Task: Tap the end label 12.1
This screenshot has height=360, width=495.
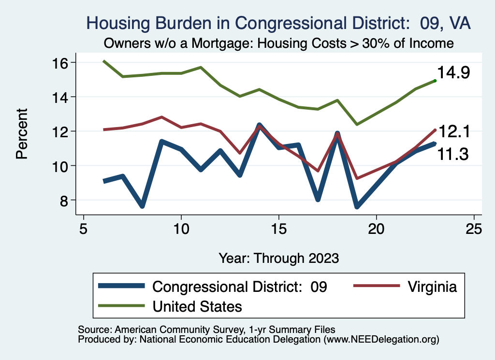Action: point(454,131)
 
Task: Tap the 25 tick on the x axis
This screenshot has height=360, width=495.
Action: point(474,228)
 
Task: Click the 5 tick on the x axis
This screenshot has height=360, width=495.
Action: point(84,228)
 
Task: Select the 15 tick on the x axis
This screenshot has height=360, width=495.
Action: point(278,228)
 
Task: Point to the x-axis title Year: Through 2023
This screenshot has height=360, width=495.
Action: point(278,257)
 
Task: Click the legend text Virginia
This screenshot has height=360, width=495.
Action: point(432,287)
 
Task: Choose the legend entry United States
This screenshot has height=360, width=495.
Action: point(197,306)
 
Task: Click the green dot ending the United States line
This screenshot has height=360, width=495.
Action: point(435,81)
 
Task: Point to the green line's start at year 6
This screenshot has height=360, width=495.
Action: point(103,61)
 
